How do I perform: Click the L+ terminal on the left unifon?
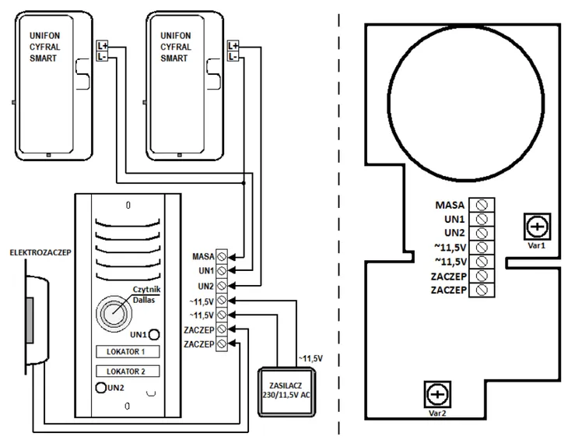102,46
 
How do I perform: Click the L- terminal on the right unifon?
233,56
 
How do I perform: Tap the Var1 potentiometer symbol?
537,227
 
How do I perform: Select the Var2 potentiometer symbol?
437,394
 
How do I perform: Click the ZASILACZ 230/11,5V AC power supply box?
286,392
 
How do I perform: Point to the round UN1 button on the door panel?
154,334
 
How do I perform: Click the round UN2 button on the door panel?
100,388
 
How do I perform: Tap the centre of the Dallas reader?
114,313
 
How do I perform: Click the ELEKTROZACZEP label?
40,252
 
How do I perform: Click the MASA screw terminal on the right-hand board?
482,205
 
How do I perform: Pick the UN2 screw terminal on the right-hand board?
482,233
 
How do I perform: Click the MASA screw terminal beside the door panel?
222,257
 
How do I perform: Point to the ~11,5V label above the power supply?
310,358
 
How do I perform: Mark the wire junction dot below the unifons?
244,183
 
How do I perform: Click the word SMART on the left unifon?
43,58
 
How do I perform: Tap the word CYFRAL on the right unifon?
176,47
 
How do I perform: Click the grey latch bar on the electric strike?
30,320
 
